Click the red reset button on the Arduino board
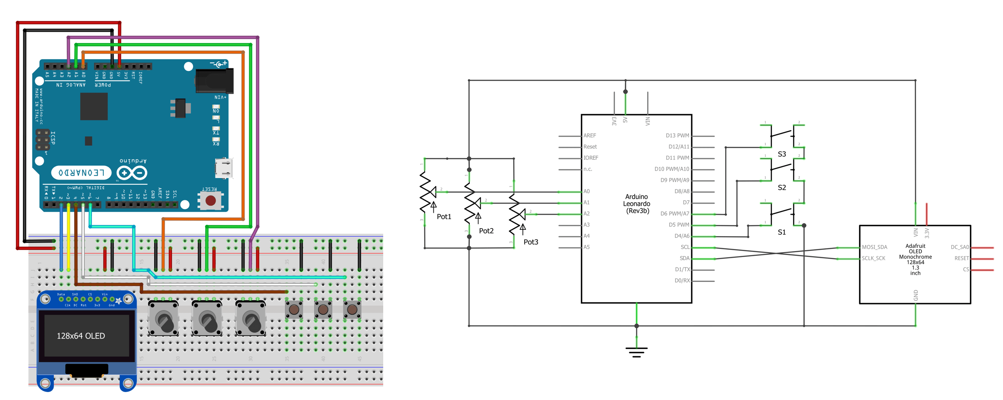tap(210, 200)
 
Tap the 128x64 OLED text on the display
tap(81, 336)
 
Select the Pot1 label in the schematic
tap(443, 217)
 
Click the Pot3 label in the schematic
tap(530, 242)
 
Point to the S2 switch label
tap(781, 188)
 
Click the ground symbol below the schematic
tap(636, 352)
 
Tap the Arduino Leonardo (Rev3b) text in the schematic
tap(637, 204)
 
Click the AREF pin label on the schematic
tap(590, 136)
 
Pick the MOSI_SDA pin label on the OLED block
tap(874, 247)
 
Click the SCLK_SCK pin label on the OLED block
tap(873, 259)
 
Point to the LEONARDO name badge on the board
tap(81, 173)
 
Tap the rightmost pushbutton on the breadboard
tap(352, 310)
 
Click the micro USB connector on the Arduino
tap(223, 168)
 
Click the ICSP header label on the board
tap(53, 138)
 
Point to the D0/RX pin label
tap(682, 281)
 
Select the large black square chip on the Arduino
tap(94, 106)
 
